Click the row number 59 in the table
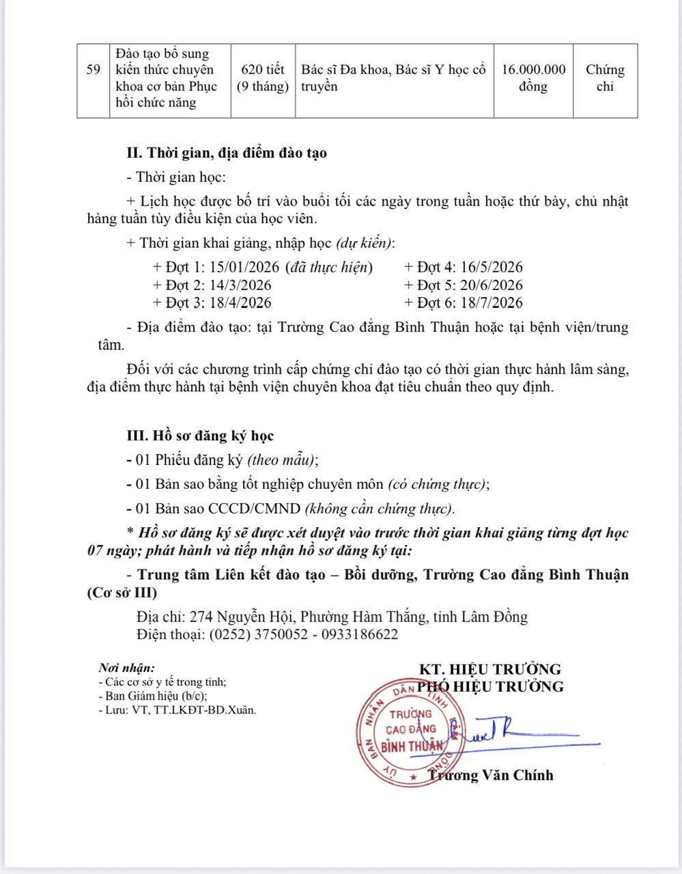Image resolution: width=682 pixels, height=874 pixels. [94, 70]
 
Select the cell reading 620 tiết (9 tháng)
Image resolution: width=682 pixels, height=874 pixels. [263, 78]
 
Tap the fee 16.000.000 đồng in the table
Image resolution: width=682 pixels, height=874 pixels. [533, 78]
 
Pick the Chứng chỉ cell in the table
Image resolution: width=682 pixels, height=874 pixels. [605, 78]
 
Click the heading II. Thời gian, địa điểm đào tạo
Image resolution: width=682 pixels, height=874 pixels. [227, 153]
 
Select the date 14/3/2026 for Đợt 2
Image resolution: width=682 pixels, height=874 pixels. [241, 285]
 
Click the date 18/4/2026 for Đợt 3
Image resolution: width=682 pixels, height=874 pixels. [241, 303]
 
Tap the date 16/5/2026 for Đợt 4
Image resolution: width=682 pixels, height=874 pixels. [492, 268]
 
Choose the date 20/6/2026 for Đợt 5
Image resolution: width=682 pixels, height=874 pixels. [492, 285]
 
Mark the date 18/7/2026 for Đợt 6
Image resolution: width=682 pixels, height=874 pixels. [492, 303]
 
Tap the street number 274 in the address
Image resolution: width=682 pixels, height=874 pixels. [201, 617]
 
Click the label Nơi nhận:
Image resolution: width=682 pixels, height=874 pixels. [126, 668]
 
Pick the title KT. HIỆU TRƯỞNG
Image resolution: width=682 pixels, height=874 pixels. [489, 669]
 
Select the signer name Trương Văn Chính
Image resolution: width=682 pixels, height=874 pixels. [491, 775]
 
